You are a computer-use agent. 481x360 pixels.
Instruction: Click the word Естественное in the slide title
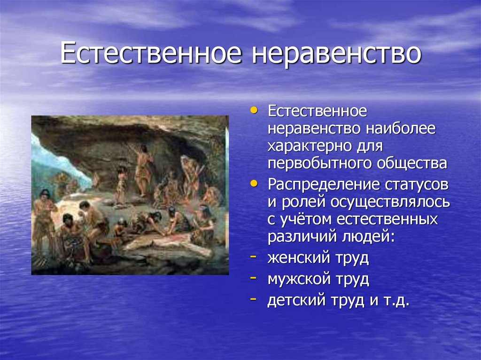pyautogui.click(x=151, y=54)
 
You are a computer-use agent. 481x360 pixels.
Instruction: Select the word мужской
pyautogui.click(x=301, y=279)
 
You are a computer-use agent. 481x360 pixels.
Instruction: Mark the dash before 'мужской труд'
pyautogui.click(x=254, y=278)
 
